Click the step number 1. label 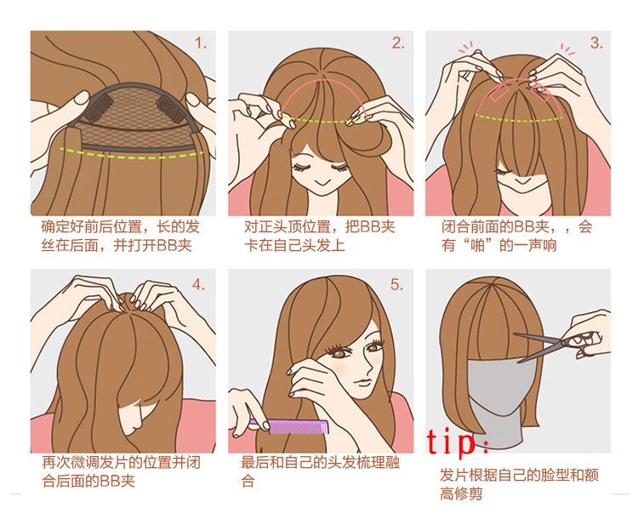tap(200, 43)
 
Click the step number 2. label tap(397, 43)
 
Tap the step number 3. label tap(595, 43)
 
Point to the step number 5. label tap(396, 284)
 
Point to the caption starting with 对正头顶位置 tap(319, 237)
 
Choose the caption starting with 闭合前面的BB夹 tap(516, 237)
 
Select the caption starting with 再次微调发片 tap(122, 471)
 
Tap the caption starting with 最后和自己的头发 tap(319, 471)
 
